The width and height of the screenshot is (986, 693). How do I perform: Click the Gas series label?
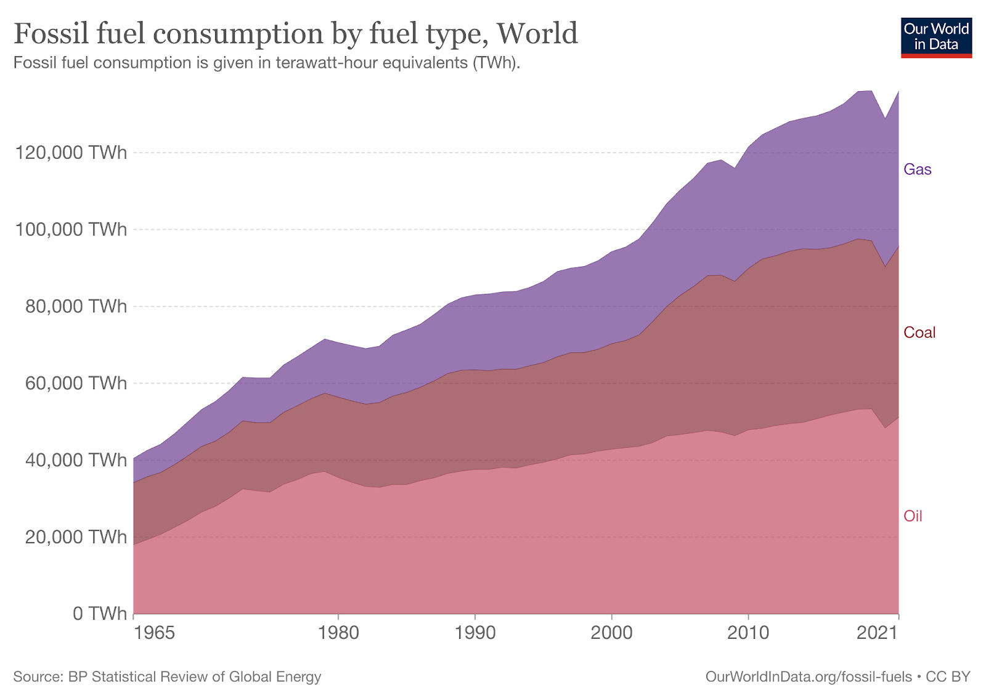[x=917, y=169]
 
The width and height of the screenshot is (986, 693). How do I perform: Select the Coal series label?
[x=919, y=333]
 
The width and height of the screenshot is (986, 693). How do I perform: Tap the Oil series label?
[x=913, y=516]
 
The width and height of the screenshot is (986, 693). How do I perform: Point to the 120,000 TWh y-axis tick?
[x=71, y=152]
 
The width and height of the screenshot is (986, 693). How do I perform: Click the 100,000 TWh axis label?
[x=71, y=229]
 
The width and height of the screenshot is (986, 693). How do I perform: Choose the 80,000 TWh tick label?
[x=76, y=306]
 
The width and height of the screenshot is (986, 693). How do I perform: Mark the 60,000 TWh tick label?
[x=76, y=383]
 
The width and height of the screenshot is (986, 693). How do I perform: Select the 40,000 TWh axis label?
[x=76, y=460]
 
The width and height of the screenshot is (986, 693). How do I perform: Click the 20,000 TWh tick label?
[x=76, y=537]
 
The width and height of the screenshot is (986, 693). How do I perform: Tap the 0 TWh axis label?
[x=99, y=614]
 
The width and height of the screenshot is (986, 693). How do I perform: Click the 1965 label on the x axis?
[x=154, y=633]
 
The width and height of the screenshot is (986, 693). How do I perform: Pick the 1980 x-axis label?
[x=338, y=633]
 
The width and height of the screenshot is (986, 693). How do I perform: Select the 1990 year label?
[x=475, y=633]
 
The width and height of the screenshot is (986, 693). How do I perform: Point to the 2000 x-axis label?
[x=611, y=633]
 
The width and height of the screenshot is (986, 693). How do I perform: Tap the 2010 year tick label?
[x=748, y=633]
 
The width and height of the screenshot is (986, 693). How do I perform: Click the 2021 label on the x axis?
[x=878, y=633]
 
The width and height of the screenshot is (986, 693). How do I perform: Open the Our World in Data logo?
[x=935, y=38]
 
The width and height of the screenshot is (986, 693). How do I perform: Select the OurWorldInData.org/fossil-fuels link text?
[x=808, y=676]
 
